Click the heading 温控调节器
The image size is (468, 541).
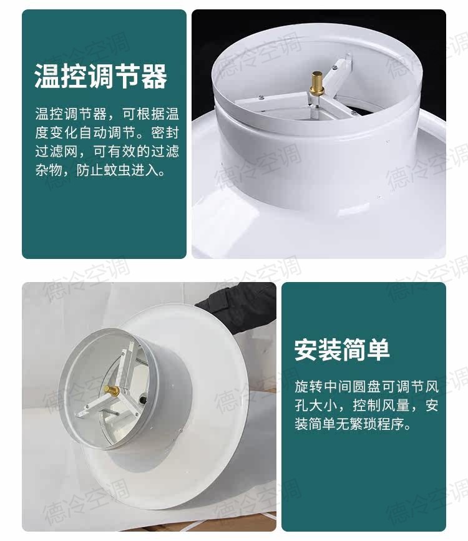(100, 77)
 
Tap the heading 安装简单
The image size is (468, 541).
(342, 349)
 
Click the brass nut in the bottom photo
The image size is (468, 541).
(114, 391)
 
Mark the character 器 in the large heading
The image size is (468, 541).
(155, 77)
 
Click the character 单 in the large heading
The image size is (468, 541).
(378, 349)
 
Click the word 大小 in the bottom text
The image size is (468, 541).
(324, 406)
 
